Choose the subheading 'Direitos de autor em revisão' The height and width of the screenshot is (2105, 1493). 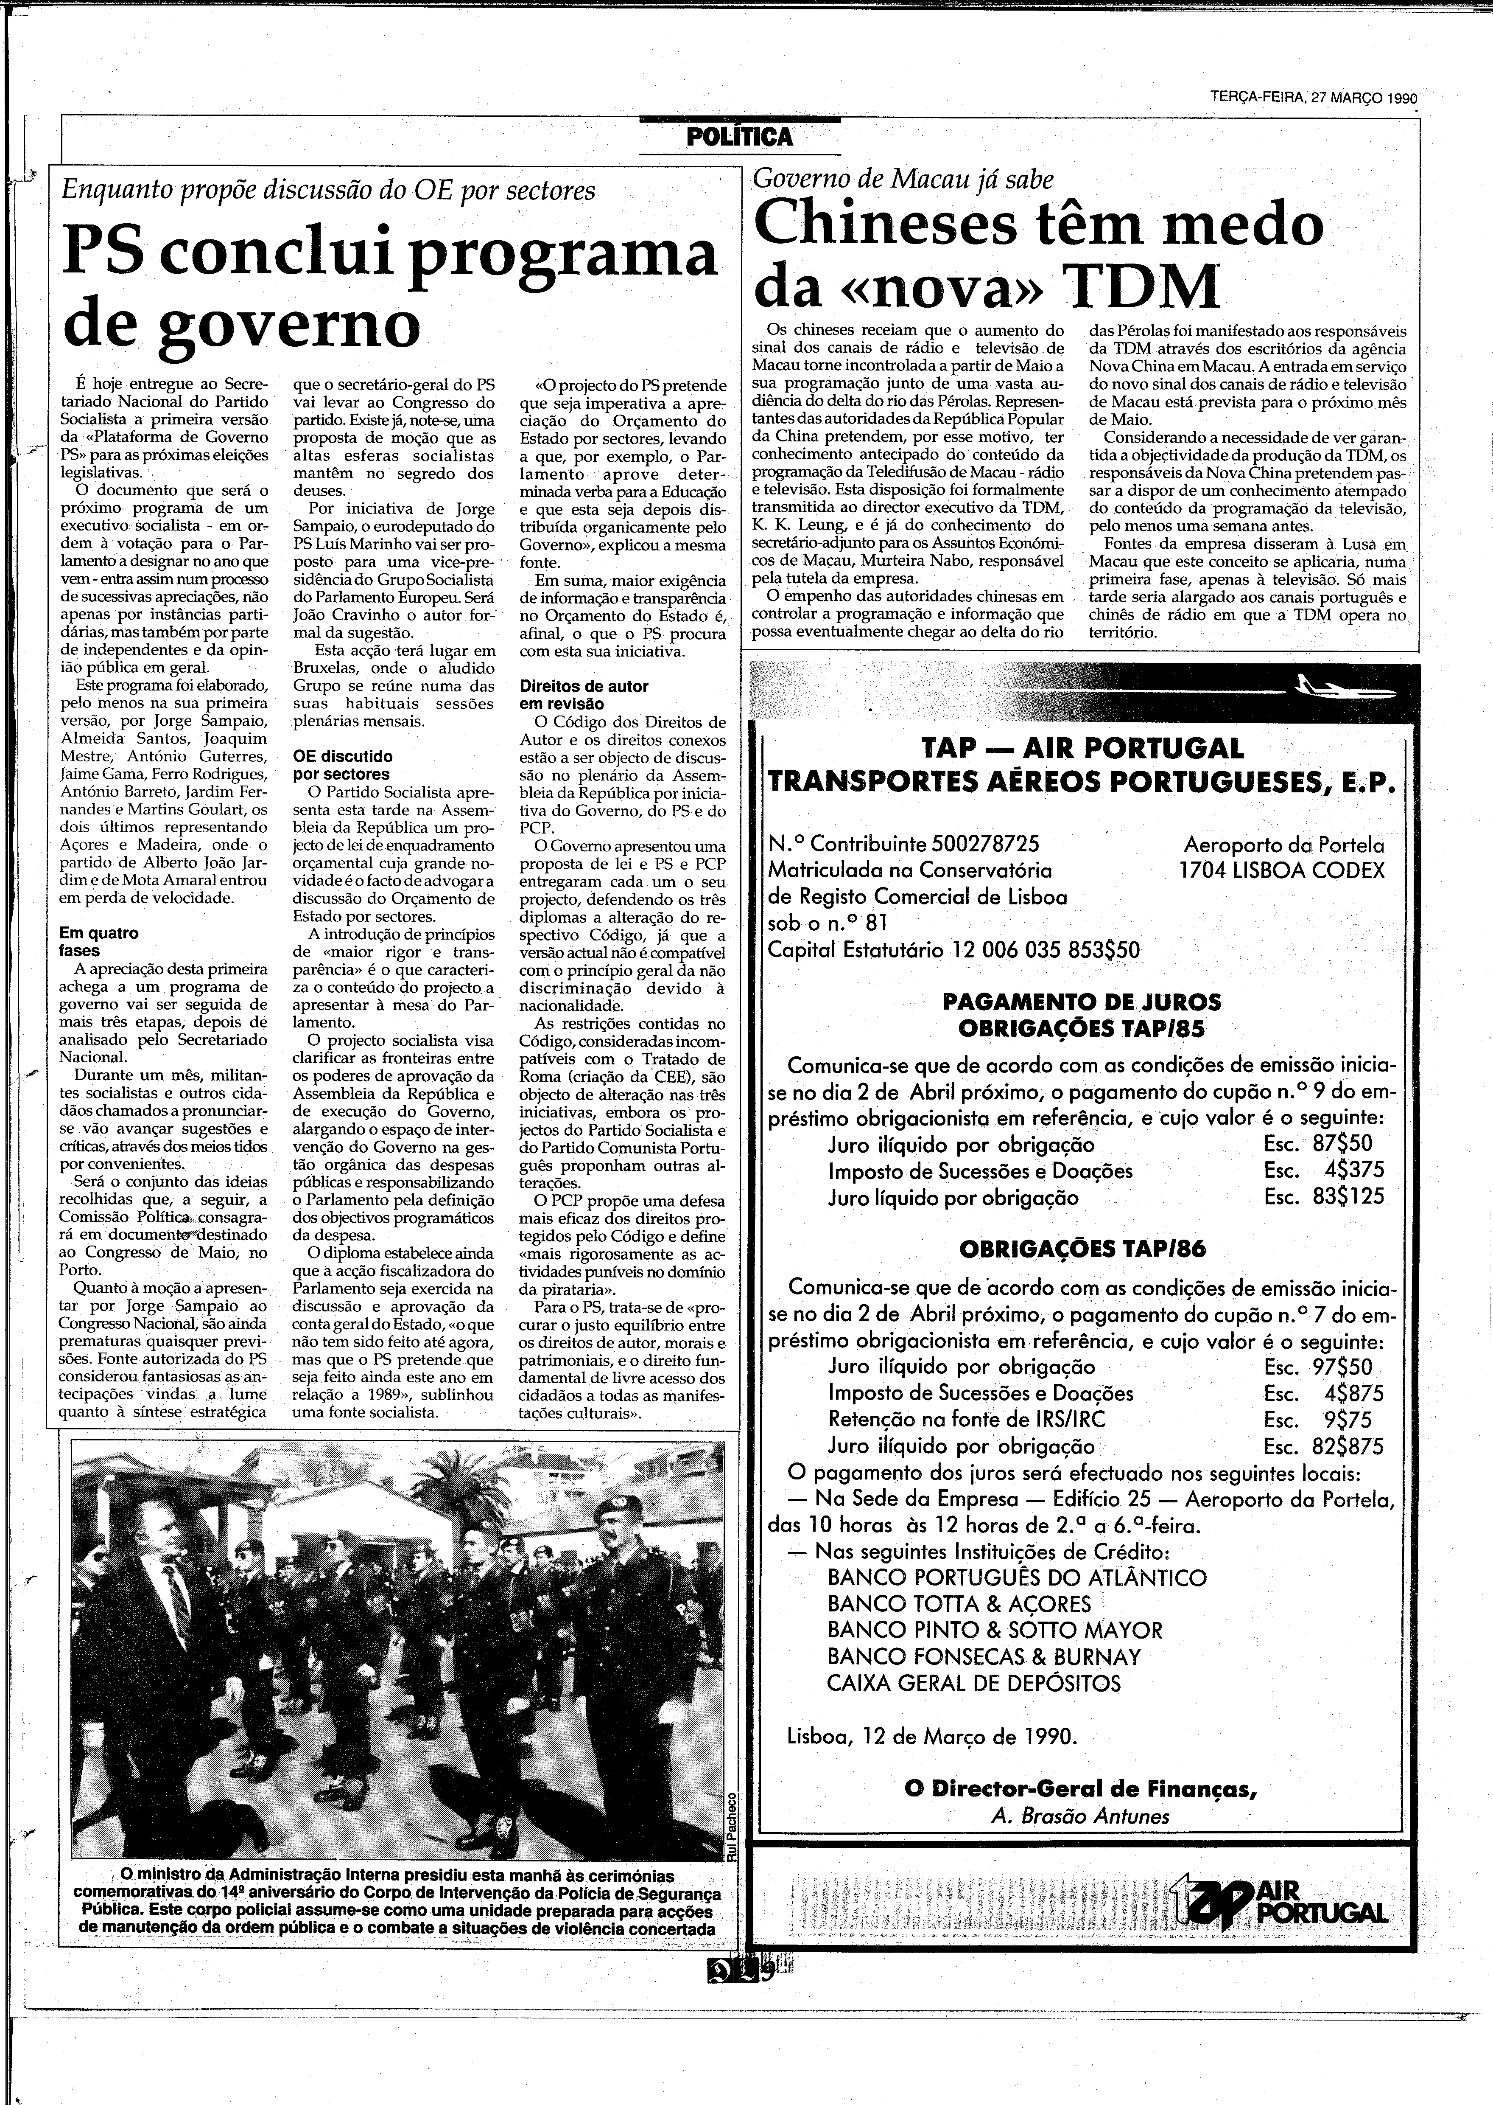point(584,694)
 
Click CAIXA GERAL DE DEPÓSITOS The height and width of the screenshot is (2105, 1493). point(973,1684)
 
